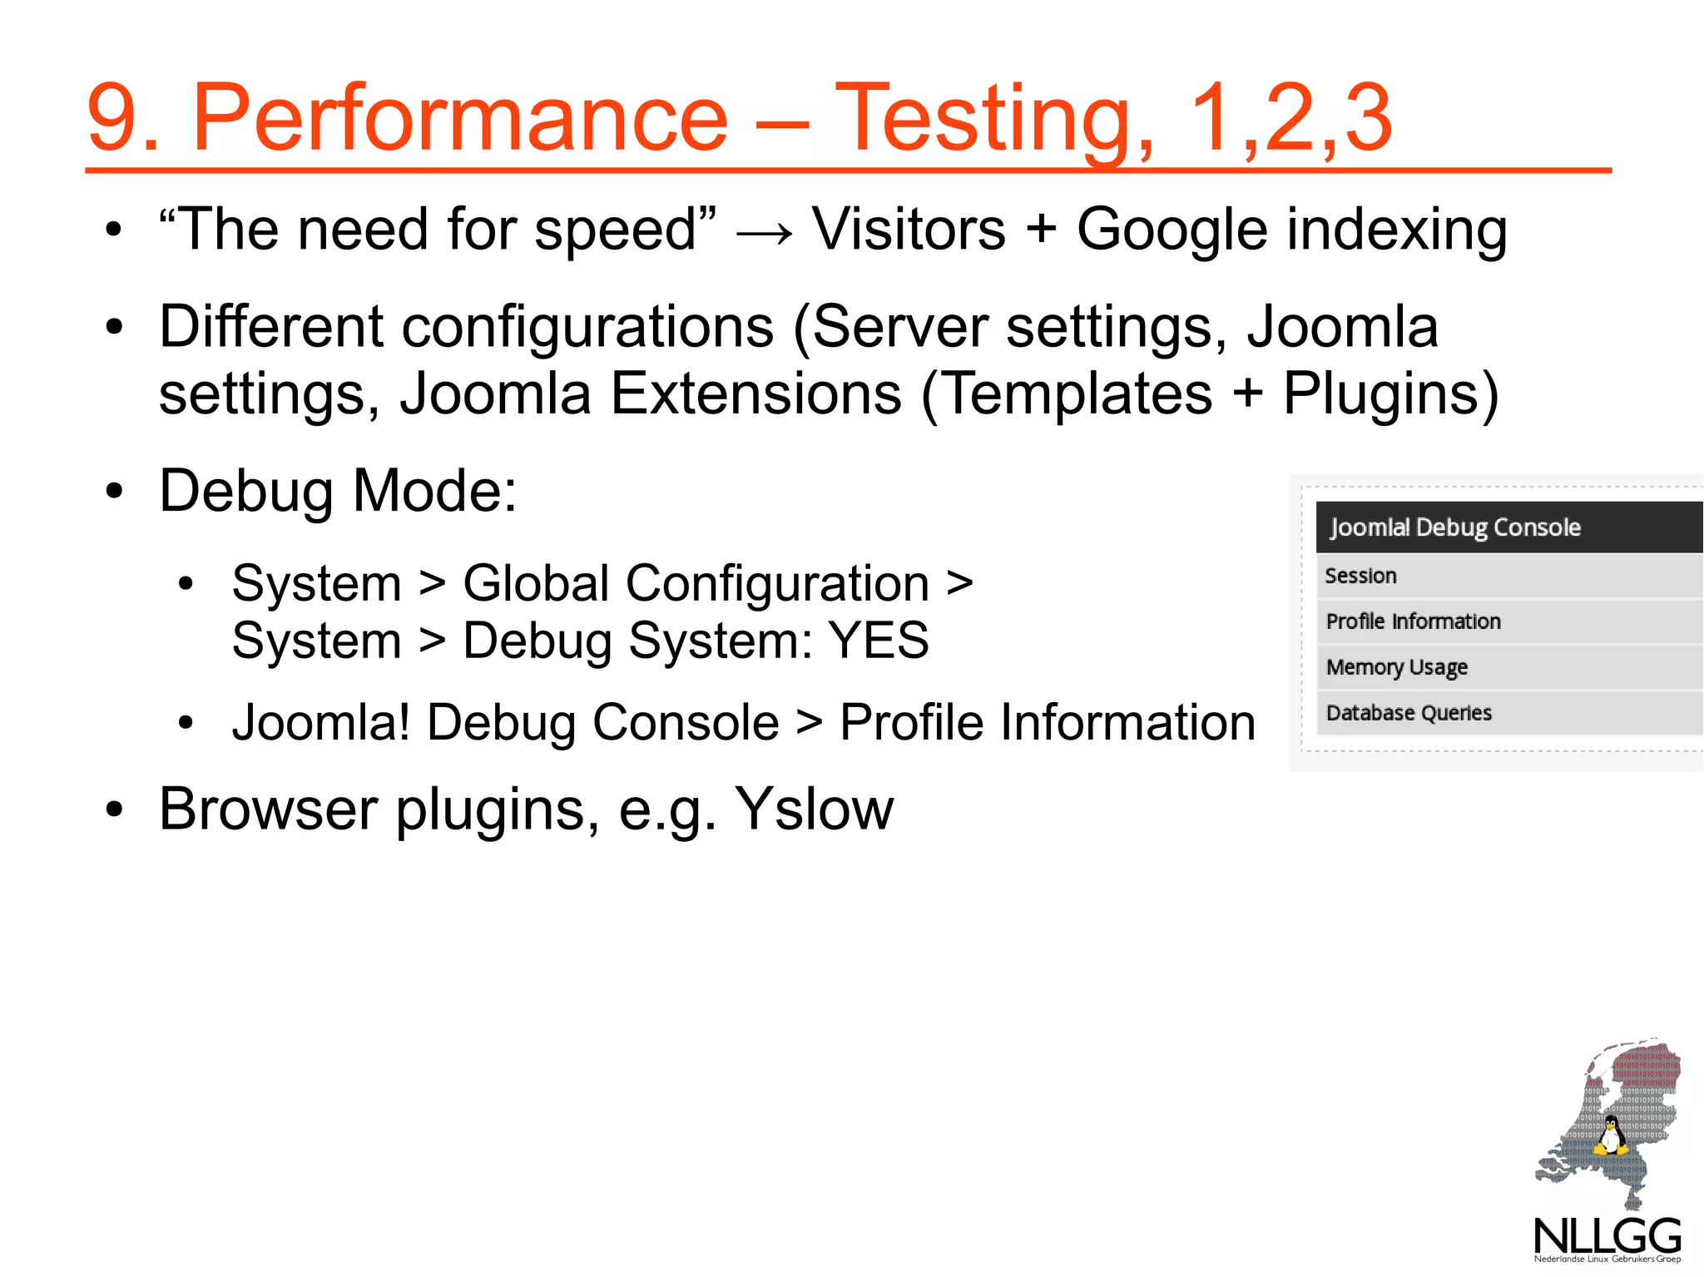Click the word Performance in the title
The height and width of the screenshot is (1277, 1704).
pyautogui.click(x=460, y=118)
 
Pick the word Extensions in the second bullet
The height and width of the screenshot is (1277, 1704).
pyautogui.click(x=755, y=393)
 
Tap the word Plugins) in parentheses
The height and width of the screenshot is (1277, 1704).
pyautogui.click(x=1390, y=393)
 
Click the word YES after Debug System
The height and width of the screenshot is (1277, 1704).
pyautogui.click(x=879, y=641)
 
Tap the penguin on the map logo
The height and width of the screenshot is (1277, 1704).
pyautogui.click(x=1610, y=1136)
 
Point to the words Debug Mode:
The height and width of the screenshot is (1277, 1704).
pyautogui.click(x=338, y=491)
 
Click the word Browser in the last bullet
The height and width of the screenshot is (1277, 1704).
pyautogui.click(x=268, y=809)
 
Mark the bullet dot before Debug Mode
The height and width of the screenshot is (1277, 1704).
pyautogui.click(x=114, y=491)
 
